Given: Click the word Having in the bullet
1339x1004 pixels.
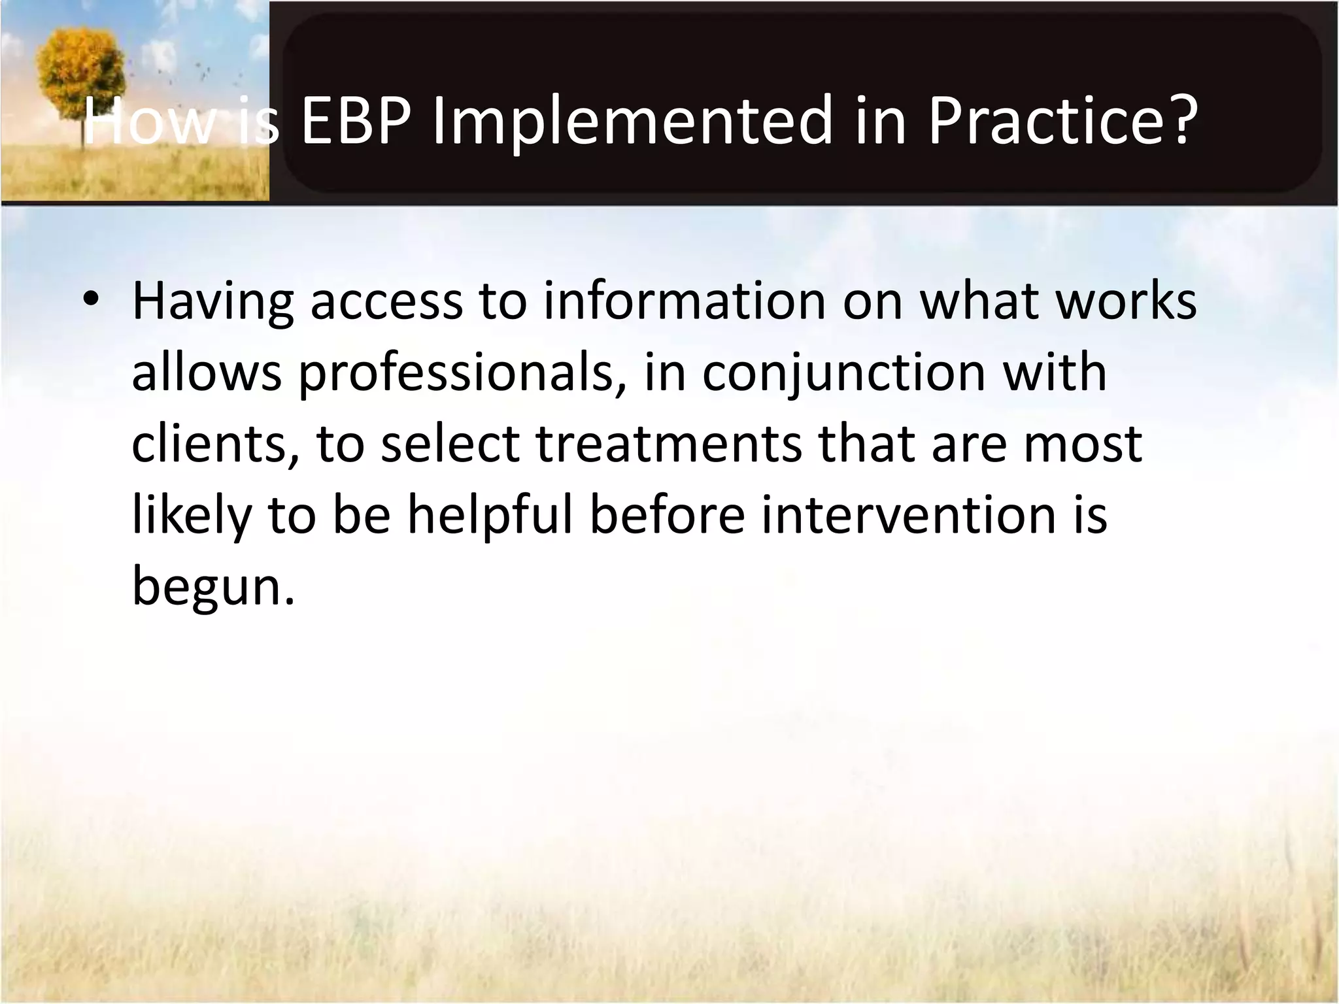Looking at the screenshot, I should (x=212, y=301).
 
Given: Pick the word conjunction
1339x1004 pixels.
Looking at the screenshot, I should (x=843, y=373).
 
